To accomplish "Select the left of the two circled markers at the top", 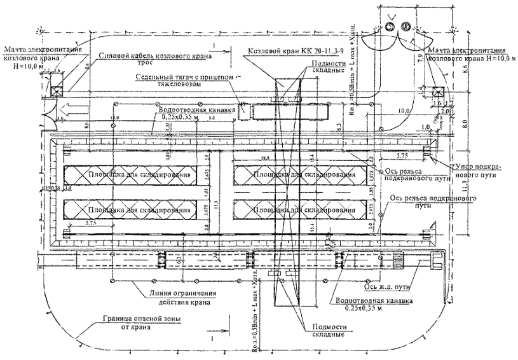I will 389,26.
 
